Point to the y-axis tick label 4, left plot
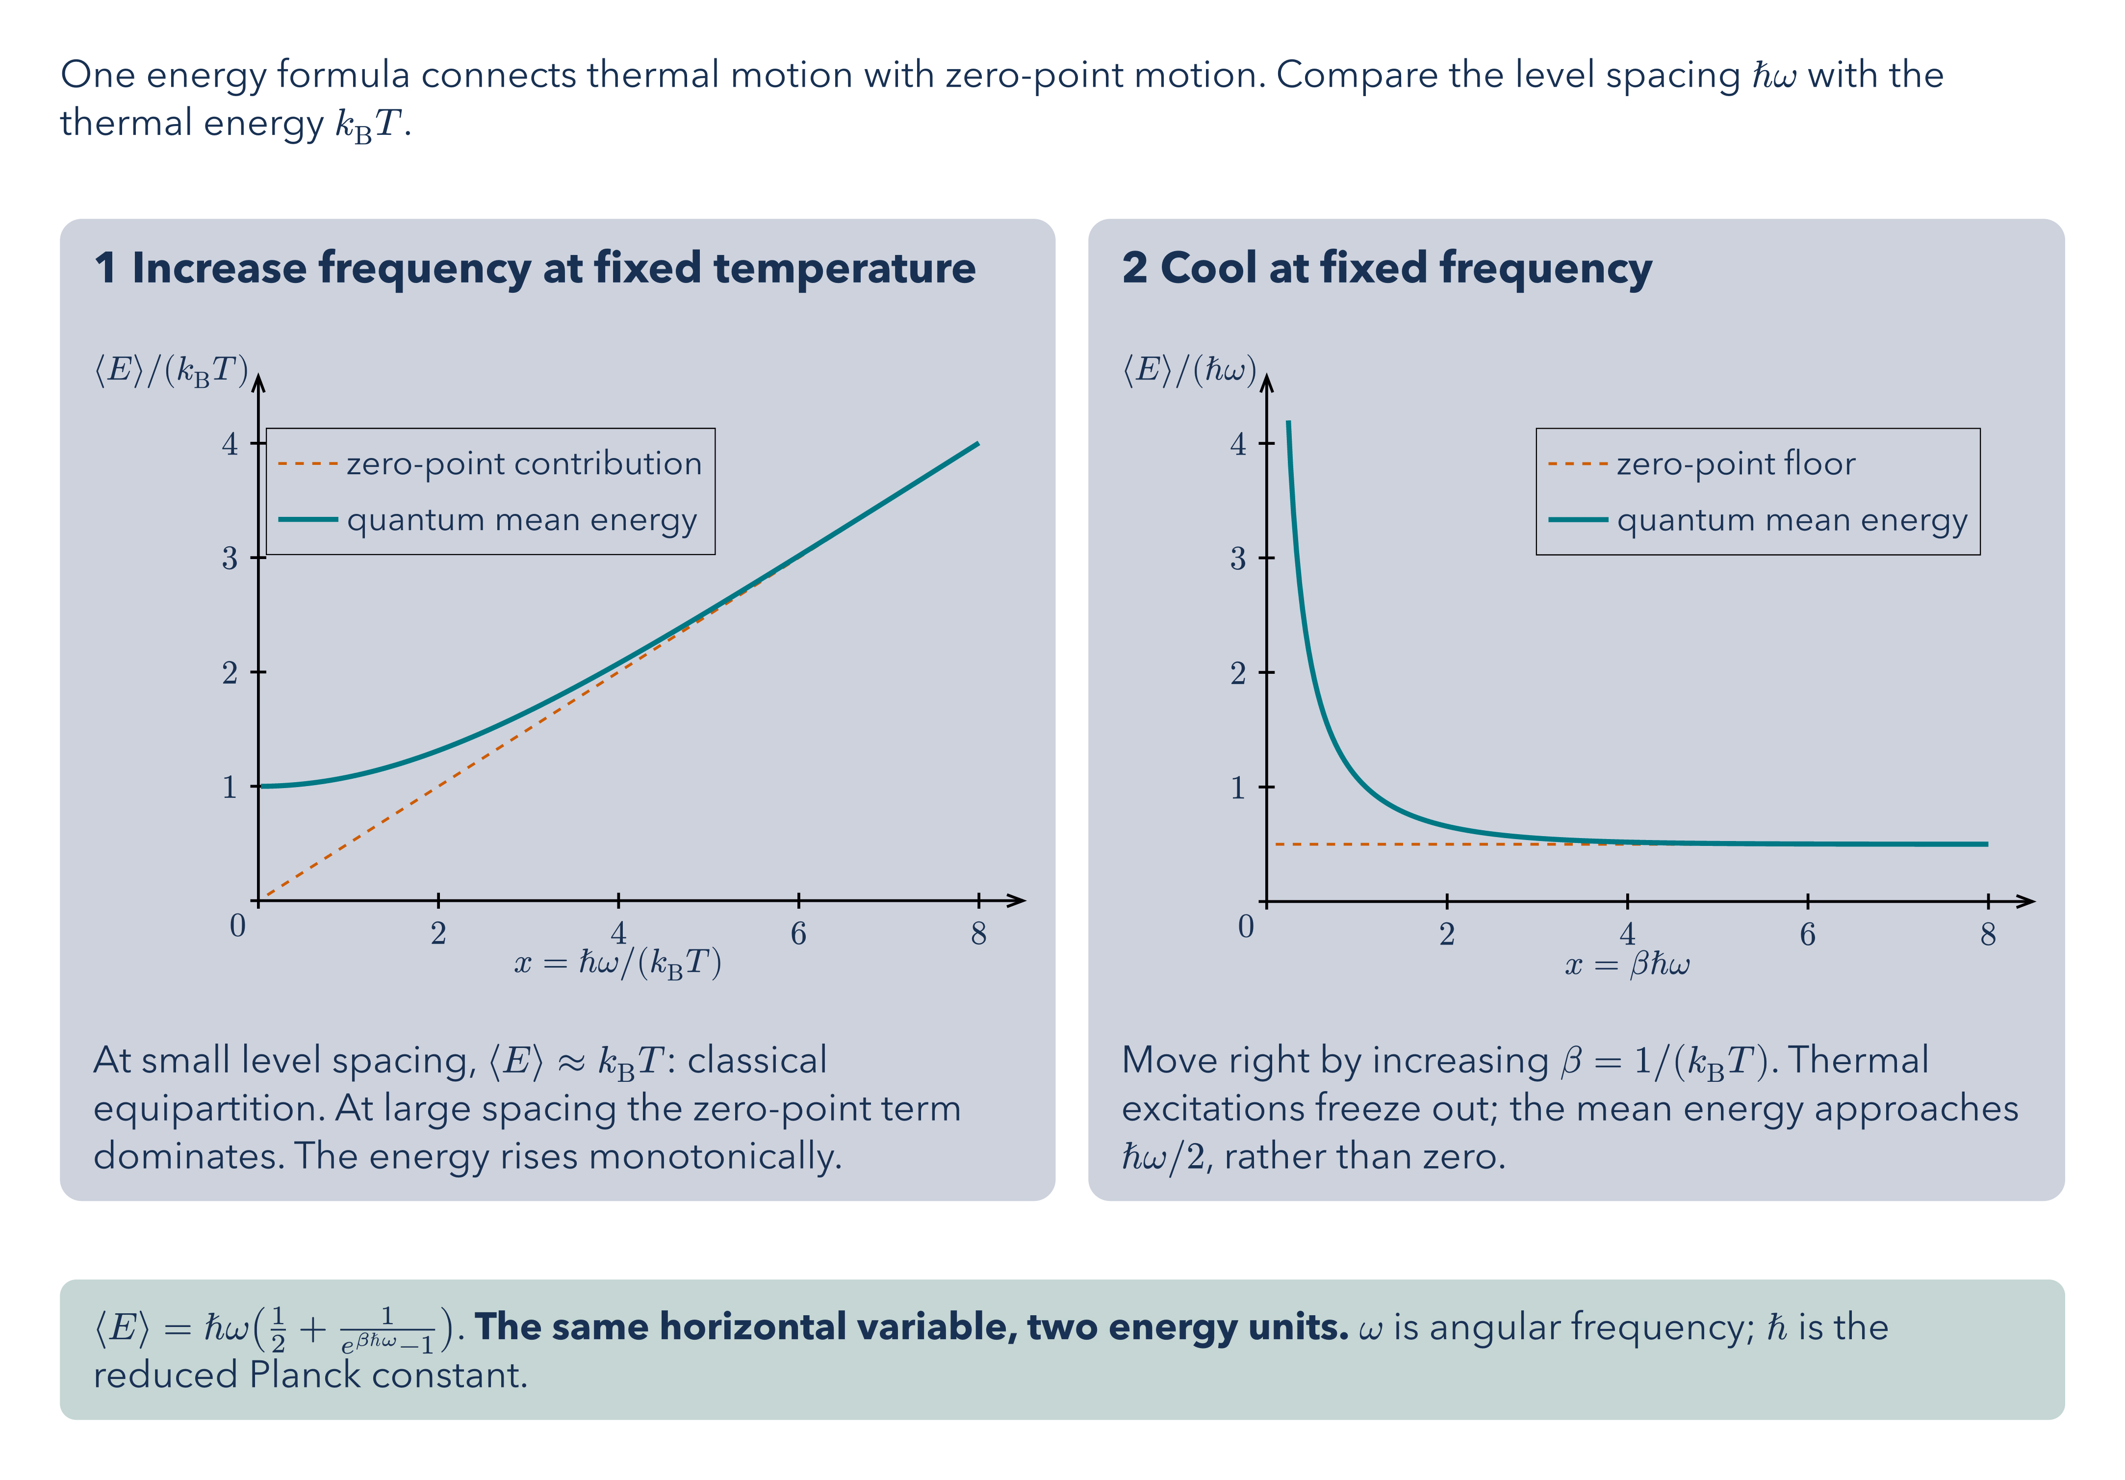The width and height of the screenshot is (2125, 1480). [230, 444]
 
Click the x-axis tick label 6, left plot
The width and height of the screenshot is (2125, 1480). [798, 934]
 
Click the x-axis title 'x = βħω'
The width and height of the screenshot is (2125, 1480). [1627, 965]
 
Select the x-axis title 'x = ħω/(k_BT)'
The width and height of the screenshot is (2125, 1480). [617, 964]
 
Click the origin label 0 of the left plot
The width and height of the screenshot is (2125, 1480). [238, 925]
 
